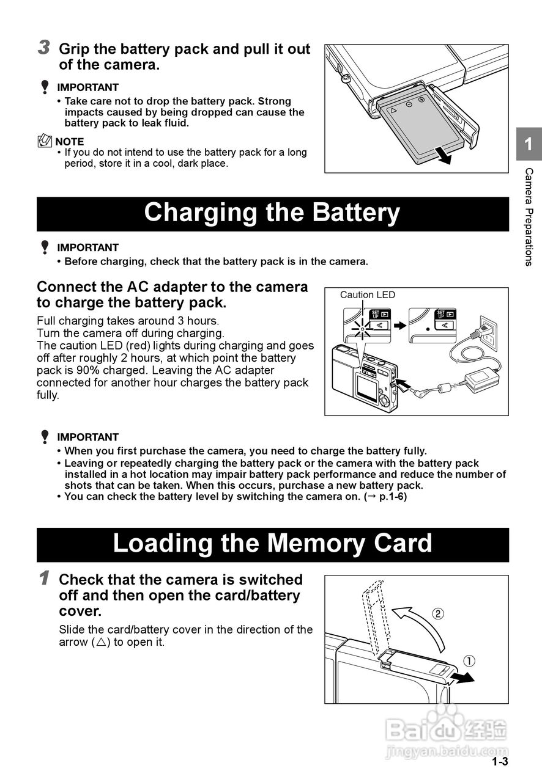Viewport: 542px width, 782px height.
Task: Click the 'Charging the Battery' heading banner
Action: (x=273, y=214)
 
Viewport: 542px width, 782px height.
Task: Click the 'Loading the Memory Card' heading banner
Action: (x=273, y=544)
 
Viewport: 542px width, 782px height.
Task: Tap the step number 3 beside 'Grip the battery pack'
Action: (x=43, y=48)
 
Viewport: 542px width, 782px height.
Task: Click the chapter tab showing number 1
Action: (x=529, y=144)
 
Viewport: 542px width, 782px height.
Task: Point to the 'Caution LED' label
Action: (x=368, y=295)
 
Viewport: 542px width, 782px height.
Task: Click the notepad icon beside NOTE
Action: (x=45, y=141)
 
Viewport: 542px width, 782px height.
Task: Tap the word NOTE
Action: (x=70, y=142)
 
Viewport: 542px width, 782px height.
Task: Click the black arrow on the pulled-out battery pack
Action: (x=443, y=155)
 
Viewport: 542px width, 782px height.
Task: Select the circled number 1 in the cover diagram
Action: (x=469, y=660)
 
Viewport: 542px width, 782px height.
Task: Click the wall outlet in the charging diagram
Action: (x=489, y=333)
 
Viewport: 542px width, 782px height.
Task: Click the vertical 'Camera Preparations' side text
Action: (x=529, y=217)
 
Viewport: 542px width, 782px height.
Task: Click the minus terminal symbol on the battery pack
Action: (x=409, y=104)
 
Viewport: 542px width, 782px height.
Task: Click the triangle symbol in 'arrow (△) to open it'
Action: (x=101, y=642)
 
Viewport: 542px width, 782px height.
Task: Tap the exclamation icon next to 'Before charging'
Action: (x=45, y=247)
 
